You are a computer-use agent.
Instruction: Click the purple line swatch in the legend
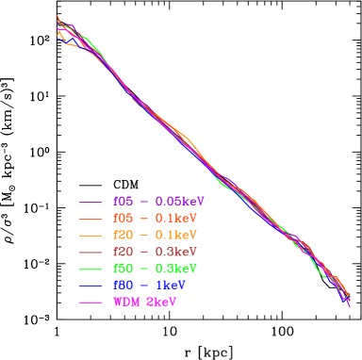[x=91, y=202]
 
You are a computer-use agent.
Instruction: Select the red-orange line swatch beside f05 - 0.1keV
[x=91, y=219]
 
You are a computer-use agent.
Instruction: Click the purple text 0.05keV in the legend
[x=179, y=202]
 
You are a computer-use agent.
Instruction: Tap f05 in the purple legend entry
[x=123, y=202]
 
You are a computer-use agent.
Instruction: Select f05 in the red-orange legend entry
[x=123, y=219]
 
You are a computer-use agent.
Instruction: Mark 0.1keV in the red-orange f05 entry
[x=175, y=219]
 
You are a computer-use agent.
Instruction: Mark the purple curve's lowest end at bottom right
[x=350, y=307]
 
